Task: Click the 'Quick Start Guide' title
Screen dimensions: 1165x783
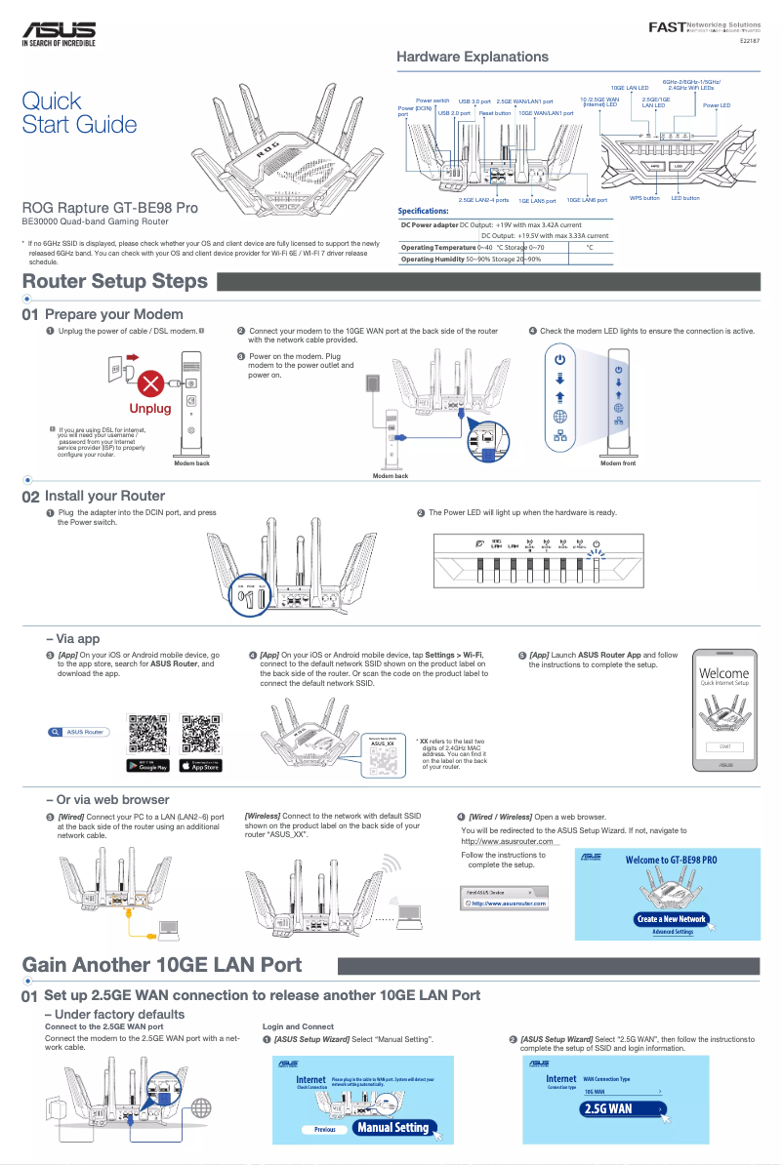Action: (x=79, y=112)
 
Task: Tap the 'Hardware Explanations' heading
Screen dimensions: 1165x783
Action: (x=472, y=58)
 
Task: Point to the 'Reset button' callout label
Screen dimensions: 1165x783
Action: (x=495, y=113)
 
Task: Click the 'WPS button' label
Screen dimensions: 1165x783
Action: (x=644, y=198)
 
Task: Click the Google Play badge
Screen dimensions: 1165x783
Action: (x=148, y=766)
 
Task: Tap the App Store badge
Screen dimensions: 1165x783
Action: (x=201, y=766)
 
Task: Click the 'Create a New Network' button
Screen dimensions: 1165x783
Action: (x=671, y=919)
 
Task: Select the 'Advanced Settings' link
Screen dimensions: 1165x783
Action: (x=672, y=932)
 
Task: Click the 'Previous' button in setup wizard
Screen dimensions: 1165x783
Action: (x=324, y=1130)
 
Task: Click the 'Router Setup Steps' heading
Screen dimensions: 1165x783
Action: (x=115, y=282)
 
